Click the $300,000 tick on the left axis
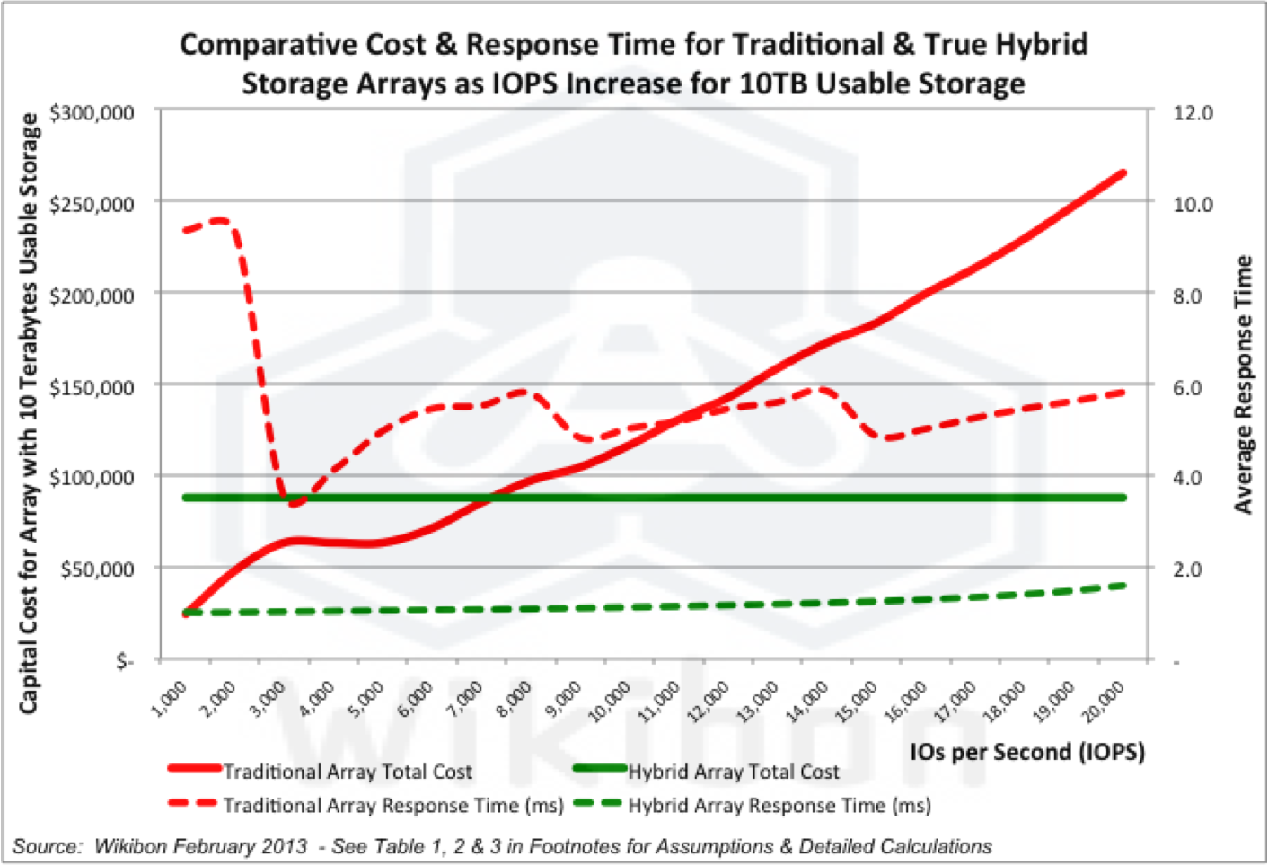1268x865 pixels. tap(92, 113)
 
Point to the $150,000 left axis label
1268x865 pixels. tap(92, 387)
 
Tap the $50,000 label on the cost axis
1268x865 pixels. tap(97, 569)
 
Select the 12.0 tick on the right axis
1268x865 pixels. tap(1193, 113)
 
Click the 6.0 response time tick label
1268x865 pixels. tap(1193, 388)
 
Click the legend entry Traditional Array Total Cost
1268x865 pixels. tap(347, 772)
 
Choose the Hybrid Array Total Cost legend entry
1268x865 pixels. tap(733, 772)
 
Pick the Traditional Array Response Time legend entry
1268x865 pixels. tap(392, 806)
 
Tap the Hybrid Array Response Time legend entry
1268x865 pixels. tap(779, 806)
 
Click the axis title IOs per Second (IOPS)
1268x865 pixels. tap(1026, 752)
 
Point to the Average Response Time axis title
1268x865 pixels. tap(1244, 384)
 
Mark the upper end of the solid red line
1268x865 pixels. tap(1123, 172)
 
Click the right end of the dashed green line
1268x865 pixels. tap(1123, 586)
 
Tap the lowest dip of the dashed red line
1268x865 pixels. tap(294, 503)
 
